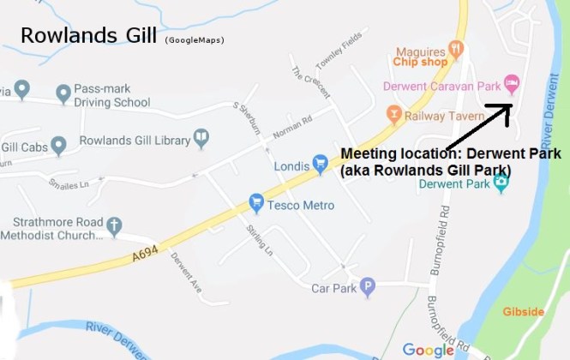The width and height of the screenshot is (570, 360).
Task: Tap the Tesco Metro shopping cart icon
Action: [255, 203]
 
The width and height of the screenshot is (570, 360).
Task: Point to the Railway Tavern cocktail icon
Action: [393, 113]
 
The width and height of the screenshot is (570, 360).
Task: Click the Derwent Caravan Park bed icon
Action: [511, 82]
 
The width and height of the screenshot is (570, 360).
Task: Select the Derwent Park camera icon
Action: [501, 183]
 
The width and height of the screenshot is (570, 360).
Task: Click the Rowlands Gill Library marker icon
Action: [201, 135]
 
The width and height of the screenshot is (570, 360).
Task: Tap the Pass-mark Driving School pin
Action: [63, 92]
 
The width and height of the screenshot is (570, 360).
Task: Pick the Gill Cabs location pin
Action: [58, 146]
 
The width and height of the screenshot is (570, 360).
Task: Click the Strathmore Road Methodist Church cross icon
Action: [113, 225]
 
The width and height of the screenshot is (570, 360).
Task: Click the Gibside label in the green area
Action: [523, 311]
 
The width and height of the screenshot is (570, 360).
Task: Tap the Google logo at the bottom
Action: [428, 350]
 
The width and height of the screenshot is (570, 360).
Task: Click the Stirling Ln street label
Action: [255, 237]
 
